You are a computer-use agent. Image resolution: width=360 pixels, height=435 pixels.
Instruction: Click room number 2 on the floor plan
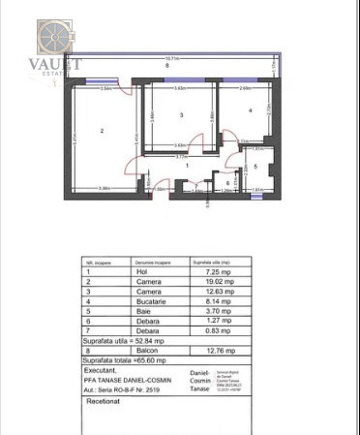click(x=101, y=130)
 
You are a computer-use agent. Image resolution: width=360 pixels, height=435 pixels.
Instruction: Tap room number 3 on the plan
click(x=181, y=115)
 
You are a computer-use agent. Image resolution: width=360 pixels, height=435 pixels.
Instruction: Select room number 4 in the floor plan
click(x=250, y=110)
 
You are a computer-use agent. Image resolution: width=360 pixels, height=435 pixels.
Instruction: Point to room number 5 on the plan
click(x=256, y=165)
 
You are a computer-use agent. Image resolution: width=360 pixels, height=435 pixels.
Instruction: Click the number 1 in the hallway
click(x=172, y=166)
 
